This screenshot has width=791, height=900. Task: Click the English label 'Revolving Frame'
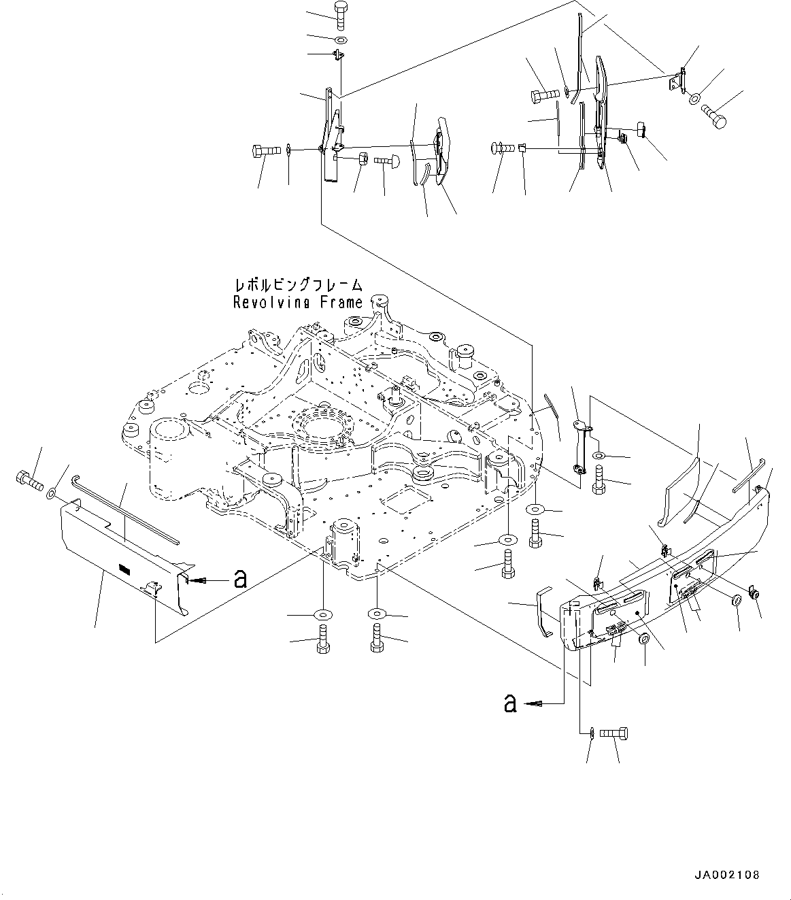point(297,303)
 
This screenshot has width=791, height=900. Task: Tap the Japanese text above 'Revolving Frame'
point(297,286)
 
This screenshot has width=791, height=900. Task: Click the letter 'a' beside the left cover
point(239,579)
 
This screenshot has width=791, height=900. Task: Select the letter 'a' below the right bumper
point(509,703)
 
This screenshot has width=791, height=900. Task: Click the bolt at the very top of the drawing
point(341,13)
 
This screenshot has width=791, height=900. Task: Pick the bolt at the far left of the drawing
point(28,482)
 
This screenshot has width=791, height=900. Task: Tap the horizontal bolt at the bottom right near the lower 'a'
point(615,733)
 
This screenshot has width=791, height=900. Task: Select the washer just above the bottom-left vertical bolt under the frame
point(320,615)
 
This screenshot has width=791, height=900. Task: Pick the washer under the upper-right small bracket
point(694,99)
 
